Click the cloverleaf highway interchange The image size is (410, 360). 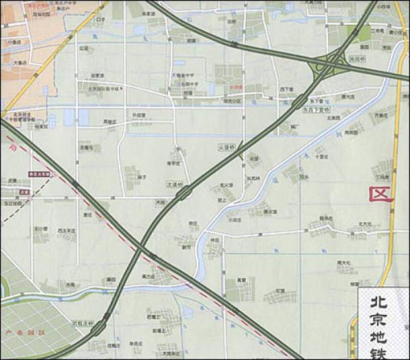[327, 68]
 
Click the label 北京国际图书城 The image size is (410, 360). [102, 89]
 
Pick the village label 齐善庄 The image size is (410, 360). [381, 117]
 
